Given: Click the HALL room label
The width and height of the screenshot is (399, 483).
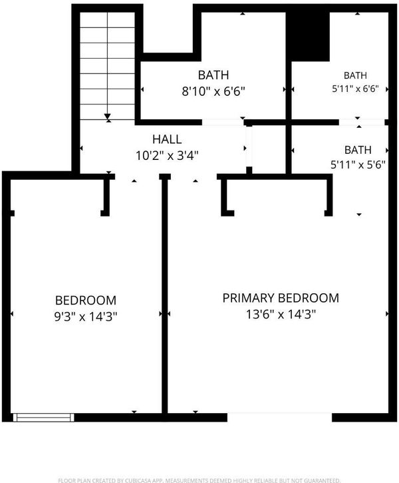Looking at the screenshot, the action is (x=167, y=139).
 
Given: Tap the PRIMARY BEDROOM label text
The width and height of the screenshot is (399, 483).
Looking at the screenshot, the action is (x=281, y=298).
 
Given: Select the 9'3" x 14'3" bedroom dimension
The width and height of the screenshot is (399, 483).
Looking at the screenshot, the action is (x=86, y=316).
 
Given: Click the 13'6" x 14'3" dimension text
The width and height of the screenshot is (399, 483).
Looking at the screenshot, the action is (x=281, y=314).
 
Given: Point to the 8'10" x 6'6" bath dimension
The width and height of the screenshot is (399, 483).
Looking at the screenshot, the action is (x=213, y=91).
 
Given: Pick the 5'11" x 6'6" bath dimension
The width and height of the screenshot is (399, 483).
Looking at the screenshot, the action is (x=355, y=89).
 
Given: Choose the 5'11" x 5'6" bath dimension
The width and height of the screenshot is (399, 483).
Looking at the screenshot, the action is (x=358, y=165).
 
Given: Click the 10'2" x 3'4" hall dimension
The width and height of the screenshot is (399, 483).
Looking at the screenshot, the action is (x=167, y=155).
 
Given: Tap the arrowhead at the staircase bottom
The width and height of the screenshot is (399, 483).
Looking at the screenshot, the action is (x=107, y=117).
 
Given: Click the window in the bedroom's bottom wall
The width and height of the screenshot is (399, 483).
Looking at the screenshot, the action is (x=43, y=418).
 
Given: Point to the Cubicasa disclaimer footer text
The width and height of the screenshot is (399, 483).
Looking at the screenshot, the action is (x=199, y=480).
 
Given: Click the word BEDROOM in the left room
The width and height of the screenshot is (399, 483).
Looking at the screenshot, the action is (x=86, y=300).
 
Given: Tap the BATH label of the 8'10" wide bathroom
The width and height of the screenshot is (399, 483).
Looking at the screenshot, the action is (x=213, y=75).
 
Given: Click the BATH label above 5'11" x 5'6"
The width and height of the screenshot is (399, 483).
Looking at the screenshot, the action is (x=358, y=150).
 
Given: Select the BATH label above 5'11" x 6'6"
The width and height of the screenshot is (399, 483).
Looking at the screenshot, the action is (x=355, y=75).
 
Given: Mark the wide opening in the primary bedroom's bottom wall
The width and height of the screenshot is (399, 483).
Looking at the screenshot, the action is (x=280, y=418).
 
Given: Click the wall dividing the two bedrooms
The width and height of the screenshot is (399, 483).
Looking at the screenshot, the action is (x=165, y=296).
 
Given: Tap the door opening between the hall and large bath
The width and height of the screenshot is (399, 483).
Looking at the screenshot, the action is (x=223, y=123).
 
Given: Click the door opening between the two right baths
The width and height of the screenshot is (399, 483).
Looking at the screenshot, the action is (x=362, y=123).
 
